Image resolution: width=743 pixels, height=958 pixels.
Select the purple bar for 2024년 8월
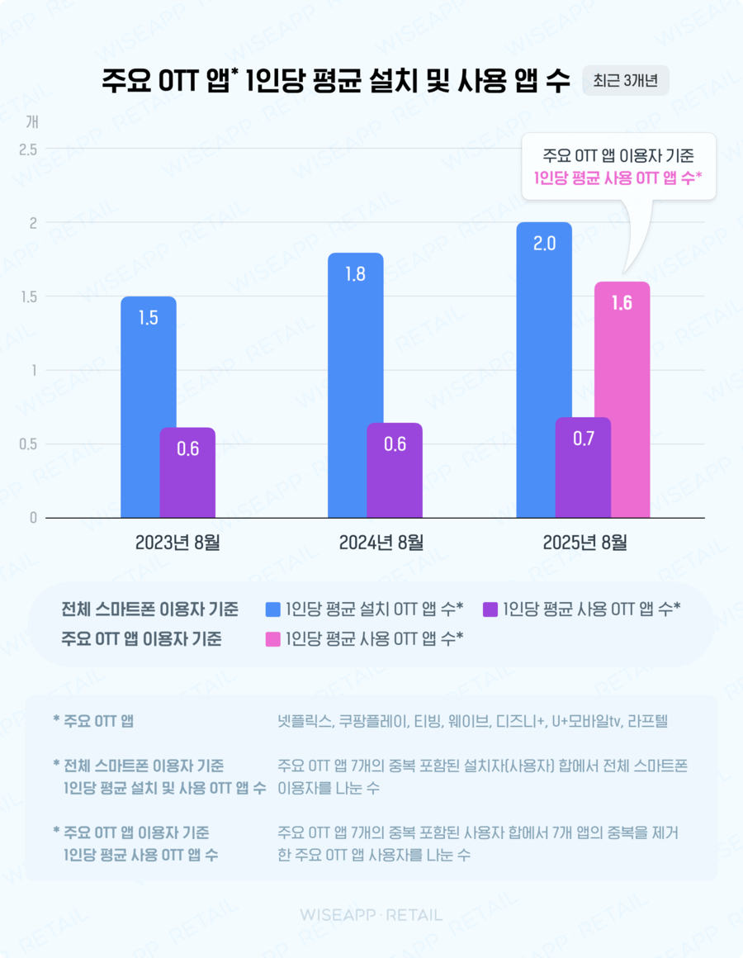coord(395,471)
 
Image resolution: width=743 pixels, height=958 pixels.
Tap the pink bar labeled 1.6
coord(622,401)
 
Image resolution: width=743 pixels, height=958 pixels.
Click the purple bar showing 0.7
coord(583,468)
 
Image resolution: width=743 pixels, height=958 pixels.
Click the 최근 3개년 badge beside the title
coord(625,83)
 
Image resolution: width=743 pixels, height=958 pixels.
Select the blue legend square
coord(273,610)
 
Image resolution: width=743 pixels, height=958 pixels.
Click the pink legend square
coord(273,638)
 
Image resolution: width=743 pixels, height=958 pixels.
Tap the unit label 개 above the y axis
coord(32,121)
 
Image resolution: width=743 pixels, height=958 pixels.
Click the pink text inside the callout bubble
coord(618,176)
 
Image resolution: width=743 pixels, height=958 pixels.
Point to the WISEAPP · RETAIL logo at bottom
coord(371,914)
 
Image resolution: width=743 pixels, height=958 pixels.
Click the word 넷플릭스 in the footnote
coord(305,721)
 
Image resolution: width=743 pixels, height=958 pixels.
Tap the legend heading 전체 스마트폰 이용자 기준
coord(150,610)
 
